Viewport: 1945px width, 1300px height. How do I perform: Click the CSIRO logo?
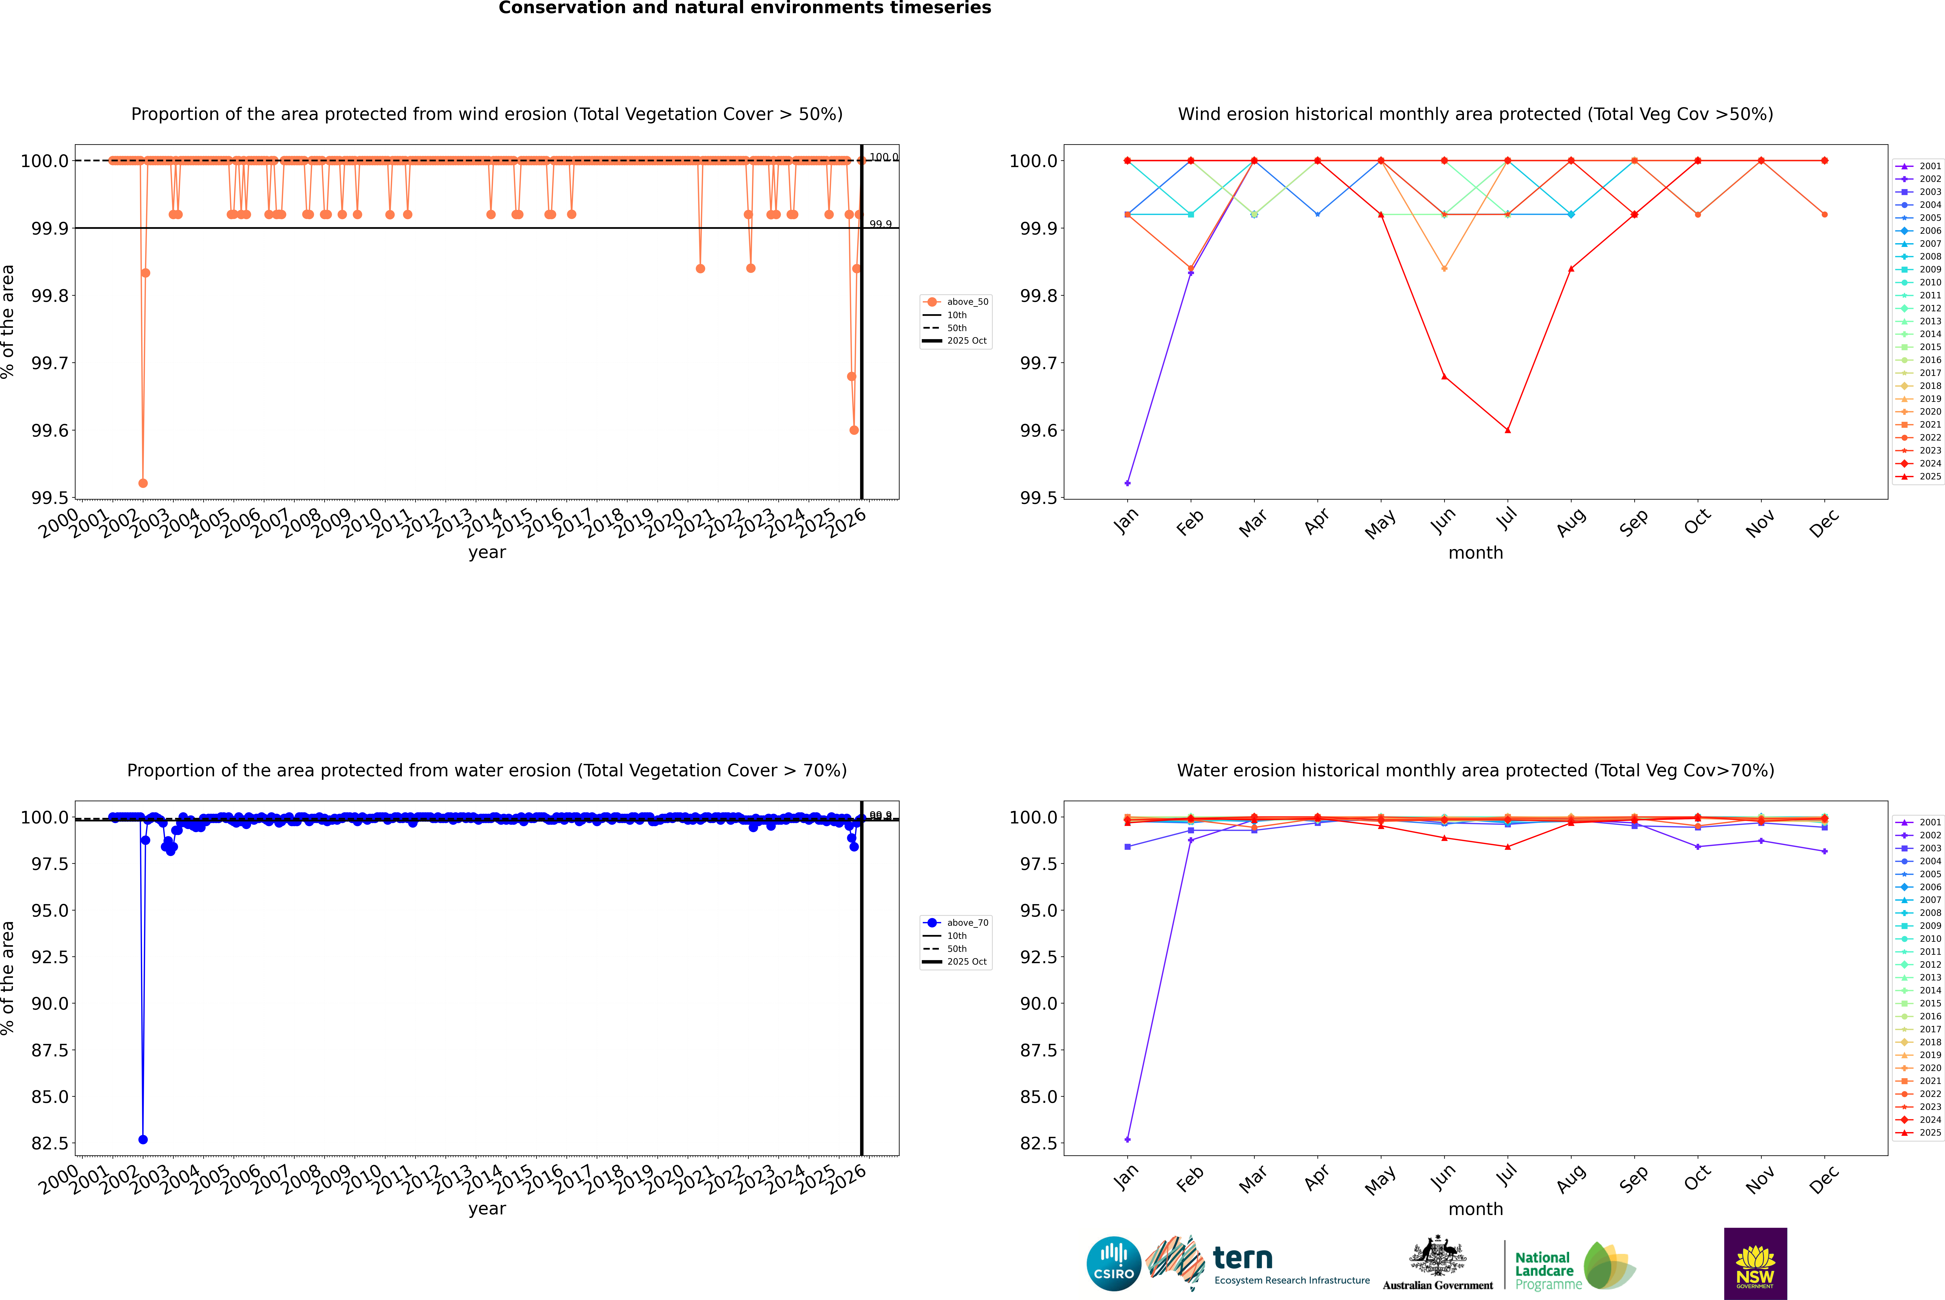[x=1114, y=1264]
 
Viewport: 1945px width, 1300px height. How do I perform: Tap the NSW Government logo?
[x=1755, y=1264]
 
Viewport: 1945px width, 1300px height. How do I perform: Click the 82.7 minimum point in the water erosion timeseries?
[x=143, y=1139]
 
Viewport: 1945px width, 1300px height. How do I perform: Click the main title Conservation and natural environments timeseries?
[x=744, y=8]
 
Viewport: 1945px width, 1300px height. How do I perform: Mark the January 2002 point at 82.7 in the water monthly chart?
[x=1128, y=1139]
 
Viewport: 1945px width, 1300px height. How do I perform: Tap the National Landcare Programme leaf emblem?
[x=1608, y=1265]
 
